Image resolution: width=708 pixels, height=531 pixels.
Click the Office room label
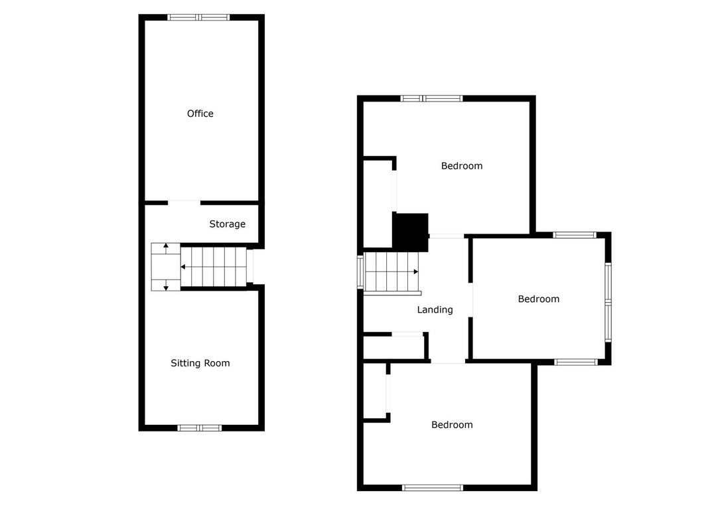pos(200,114)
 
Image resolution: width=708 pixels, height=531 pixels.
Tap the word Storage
pos(227,224)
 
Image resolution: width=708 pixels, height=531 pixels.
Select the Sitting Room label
pos(200,363)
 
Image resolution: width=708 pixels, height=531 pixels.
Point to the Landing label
pos(435,310)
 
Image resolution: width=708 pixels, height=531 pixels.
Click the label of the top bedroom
pos(461,166)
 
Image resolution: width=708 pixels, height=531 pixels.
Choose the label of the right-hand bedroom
pos(538,299)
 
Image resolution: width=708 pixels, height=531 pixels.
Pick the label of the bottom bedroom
pos(452,424)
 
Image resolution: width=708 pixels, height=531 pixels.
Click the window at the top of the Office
pos(198,18)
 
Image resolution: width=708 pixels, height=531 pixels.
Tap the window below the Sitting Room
pos(200,428)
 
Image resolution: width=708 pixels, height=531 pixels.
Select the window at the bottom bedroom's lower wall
pos(433,488)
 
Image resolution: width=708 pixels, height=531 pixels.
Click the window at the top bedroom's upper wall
pos(432,98)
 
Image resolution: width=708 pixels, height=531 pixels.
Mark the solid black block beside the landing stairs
pos(410,232)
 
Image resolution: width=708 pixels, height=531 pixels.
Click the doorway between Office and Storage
pos(184,202)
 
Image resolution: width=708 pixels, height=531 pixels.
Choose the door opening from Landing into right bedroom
pos(470,300)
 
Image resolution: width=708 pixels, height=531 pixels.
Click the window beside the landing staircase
pos(360,272)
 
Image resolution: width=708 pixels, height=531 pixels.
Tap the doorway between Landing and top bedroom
pos(446,236)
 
